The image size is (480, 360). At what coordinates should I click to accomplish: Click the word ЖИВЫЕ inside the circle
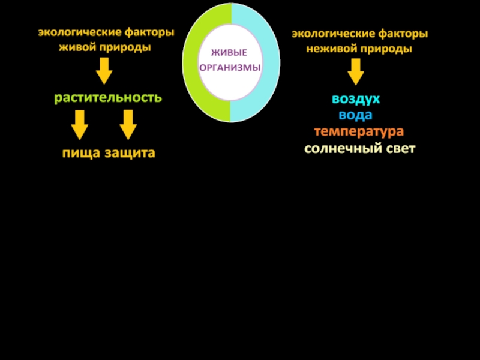pyautogui.click(x=230, y=53)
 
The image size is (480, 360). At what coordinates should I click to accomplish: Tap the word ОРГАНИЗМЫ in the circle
pyautogui.click(x=230, y=68)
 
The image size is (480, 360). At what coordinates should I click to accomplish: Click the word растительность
pyautogui.click(x=108, y=97)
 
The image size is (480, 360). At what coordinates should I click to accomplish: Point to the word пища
pyautogui.click(x=82, y=153)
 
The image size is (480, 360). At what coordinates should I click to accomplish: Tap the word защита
pyautogui.click(x=130, y=153)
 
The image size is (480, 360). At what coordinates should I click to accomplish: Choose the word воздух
pyautogui.click(x=356, y=98)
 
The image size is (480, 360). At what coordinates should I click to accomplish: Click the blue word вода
pyautogui.click(x=355, y=115)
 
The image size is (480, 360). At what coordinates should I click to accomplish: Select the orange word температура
pyautogui.click(x=358, y=131)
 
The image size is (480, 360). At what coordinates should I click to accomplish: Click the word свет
pyautogui.click(x=398, y=148)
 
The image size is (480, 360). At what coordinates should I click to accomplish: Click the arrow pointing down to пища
pyautogui.click(x=79, y=125)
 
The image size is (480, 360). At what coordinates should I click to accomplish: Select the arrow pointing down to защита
pyautogui.click(x=128, y=125)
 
